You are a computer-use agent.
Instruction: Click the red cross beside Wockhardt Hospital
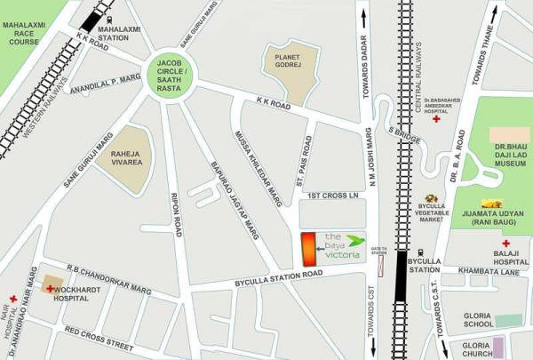point(50,289)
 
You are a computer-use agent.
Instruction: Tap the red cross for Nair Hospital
point(13,299)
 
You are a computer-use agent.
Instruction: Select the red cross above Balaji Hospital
point(505,243)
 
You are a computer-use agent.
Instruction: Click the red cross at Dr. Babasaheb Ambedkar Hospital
point(436,120)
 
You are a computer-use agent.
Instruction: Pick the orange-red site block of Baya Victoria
point(307,248)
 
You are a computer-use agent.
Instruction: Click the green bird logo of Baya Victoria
point(354,240)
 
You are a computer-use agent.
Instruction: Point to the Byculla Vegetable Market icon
point(433,199)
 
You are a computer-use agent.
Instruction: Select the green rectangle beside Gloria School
point(508,320)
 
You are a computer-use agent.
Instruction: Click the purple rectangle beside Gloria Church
point(499,346)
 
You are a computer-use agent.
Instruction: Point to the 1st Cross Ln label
point(330,195)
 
